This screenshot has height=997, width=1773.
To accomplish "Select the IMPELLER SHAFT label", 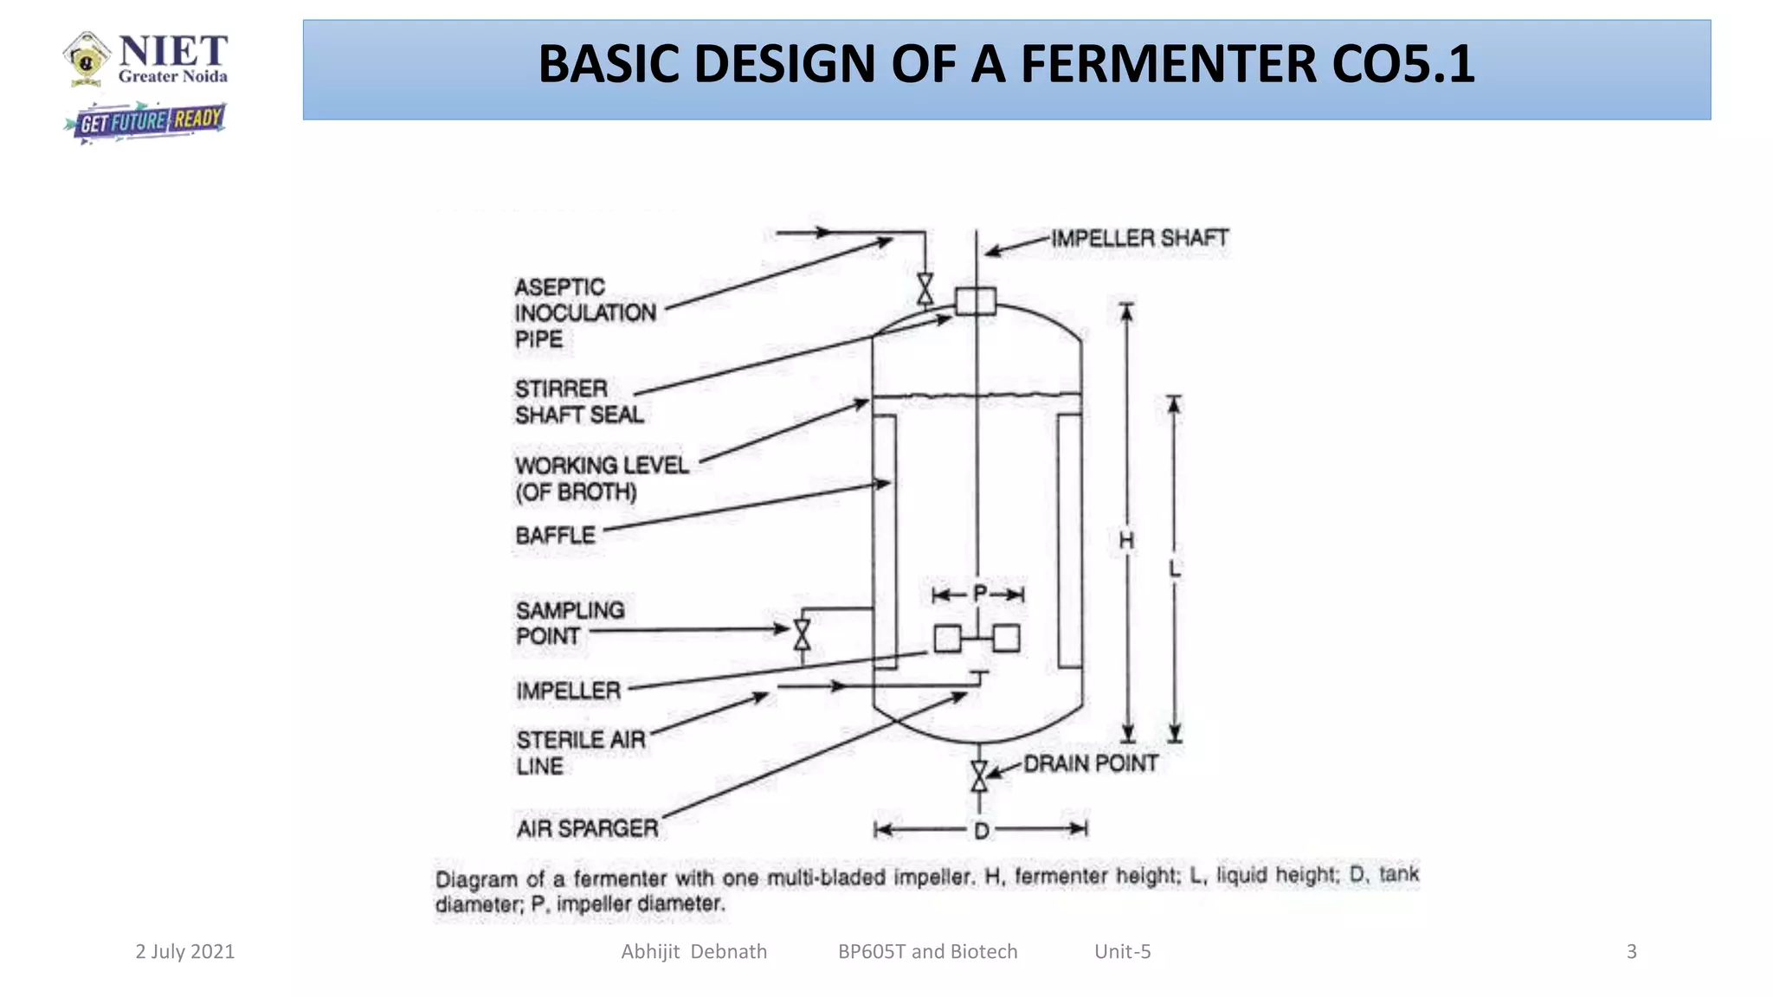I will click(x=1139, y=238).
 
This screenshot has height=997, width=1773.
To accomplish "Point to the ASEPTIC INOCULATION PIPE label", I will click(x=584, y=312).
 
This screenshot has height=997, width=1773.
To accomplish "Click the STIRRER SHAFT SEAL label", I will click(x=578, y=402).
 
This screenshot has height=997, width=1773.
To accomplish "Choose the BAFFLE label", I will click(x=555, y=536).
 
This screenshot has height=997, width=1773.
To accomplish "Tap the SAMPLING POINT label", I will click(x=569, y=623).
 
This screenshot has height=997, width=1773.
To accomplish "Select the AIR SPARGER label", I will click(x=587, y=828).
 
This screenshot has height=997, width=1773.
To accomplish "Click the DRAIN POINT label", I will click(x=1090, y=763).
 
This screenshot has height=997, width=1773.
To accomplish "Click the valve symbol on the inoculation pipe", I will click(x=925, y=290).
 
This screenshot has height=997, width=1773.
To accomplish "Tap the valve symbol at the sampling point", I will click(x=802, y=634).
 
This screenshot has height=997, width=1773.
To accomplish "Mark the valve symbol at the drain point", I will click(x=979, y=776).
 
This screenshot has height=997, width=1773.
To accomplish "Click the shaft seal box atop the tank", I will click(x=976, y=301).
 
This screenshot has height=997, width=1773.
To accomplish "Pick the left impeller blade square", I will click(x=947, y=639).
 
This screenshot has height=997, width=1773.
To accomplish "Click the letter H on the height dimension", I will click(x=1125, y=541).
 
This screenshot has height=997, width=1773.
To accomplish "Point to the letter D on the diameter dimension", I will click(x=981, y=831).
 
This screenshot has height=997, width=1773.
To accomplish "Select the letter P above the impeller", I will click(x=979, y=594).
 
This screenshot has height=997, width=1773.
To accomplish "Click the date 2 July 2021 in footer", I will click(x=184, y=952).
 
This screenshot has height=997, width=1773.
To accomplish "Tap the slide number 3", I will click(x=1631, y=952).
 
